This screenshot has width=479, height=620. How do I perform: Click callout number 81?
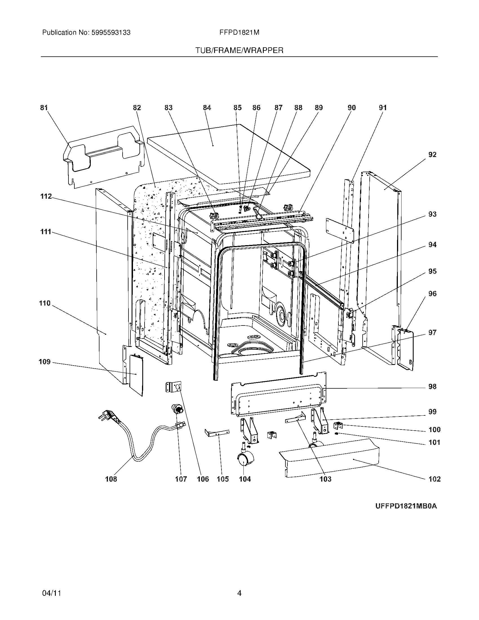[x=44, y=108]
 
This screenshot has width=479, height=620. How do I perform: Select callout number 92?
[x=432, y=155]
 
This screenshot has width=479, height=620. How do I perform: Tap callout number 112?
[x=46, y=196]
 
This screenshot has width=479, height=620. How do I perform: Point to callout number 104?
[x=245, y=479]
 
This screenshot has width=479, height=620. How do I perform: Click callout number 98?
[x=432, y=387]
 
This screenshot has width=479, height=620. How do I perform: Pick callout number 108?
[x=111, y=479]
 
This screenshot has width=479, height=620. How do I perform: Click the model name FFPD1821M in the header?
[x=239, y=33]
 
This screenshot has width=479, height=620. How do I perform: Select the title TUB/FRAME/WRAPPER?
[x=239, y=50]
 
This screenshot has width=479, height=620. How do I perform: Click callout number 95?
[x=432, y=271]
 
